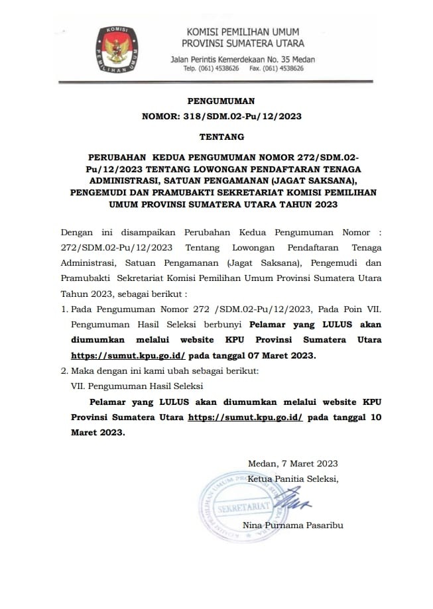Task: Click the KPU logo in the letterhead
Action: (121, 50)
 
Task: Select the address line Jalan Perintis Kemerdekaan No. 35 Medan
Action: (243, 59)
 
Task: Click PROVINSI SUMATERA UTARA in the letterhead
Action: (245, 44)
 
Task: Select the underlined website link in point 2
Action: (245, 417)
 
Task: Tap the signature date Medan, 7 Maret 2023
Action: (292, 463)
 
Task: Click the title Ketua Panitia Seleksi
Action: (292, 478)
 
